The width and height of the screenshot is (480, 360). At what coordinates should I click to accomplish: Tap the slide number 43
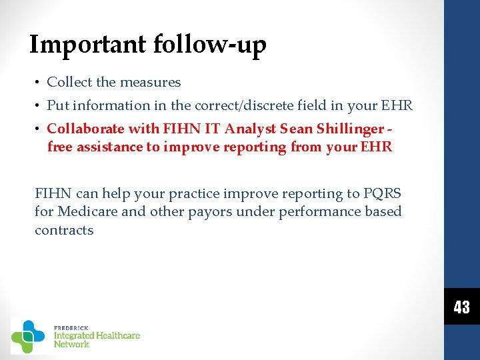(461, 307)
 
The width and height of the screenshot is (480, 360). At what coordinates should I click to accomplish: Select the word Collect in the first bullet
(70, 83)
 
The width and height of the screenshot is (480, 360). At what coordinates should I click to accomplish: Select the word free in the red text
(59, 147)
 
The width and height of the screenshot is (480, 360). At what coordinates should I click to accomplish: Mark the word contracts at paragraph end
(64, 231)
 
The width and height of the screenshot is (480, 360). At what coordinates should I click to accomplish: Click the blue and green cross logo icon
(28, 336)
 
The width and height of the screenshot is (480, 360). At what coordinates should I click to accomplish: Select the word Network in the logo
(71, 344)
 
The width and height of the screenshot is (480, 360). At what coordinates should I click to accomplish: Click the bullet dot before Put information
(39, 105)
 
